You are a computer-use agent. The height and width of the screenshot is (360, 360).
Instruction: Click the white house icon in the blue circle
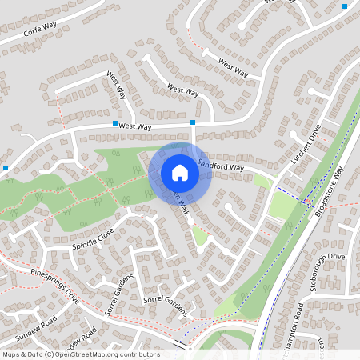click(x=180, y=173)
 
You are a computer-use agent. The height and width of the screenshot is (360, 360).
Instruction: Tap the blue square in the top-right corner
click(x=345, y=6)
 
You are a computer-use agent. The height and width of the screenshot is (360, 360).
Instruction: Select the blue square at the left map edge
click(x=6, y=168)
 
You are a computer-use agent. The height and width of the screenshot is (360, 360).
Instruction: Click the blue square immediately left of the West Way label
click(x=114, y=125)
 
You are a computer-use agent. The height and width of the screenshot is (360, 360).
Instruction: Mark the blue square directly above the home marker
click(x=193, y=122)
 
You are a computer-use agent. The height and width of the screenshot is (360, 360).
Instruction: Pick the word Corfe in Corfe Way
click(x=33, y=34)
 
